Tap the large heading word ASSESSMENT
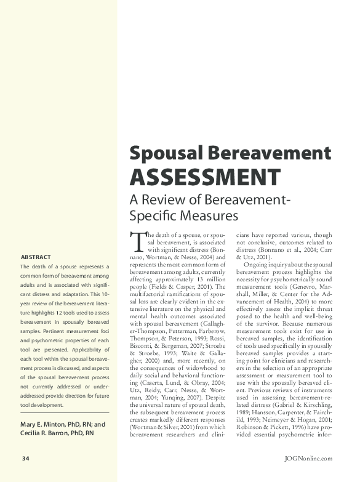204,177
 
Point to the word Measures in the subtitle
198,216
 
